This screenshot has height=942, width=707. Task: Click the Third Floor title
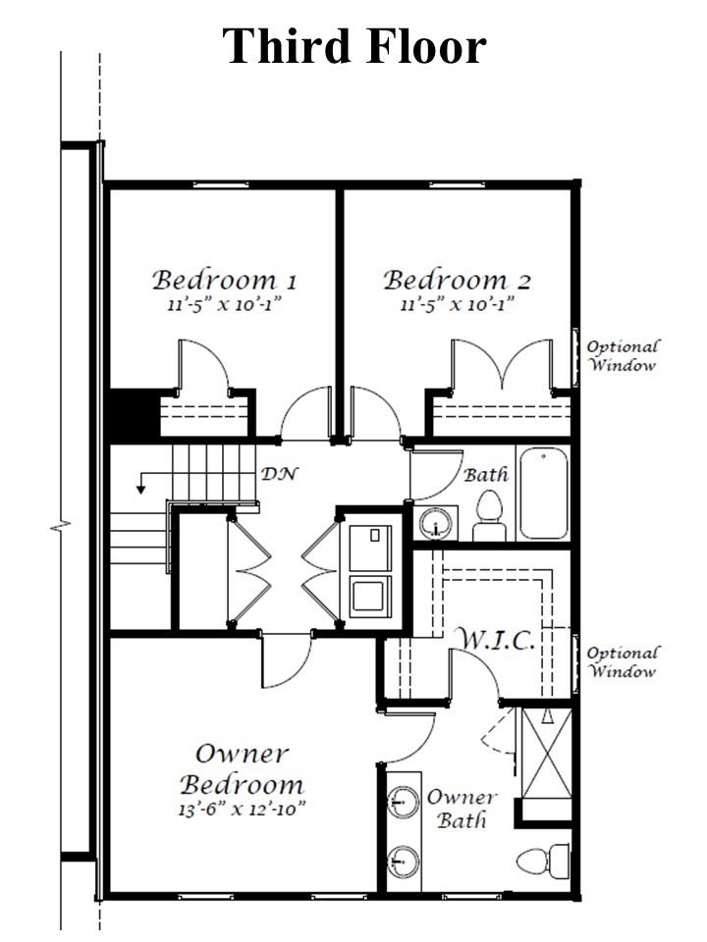354,46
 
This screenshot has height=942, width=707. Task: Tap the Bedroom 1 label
224,281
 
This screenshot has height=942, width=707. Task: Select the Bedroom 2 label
458,281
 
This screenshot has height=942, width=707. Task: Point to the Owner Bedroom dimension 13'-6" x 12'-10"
242,809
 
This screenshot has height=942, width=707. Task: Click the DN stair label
280,474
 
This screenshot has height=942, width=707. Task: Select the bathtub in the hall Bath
543,493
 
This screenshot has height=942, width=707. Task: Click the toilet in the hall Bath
489,515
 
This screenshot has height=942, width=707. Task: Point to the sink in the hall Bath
436,523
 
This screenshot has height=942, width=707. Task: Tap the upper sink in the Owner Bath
403,802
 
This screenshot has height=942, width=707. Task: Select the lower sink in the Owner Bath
403,863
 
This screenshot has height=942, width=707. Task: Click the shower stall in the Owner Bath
546,754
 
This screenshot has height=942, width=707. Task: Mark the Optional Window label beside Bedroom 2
623,355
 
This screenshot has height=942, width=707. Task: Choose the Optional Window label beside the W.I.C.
623,662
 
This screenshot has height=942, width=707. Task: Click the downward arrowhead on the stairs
140,489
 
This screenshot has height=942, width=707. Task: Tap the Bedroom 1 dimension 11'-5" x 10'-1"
224,304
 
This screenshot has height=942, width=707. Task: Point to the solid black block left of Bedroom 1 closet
135,413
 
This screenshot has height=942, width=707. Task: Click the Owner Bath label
462,809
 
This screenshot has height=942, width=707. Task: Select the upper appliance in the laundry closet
370,548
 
